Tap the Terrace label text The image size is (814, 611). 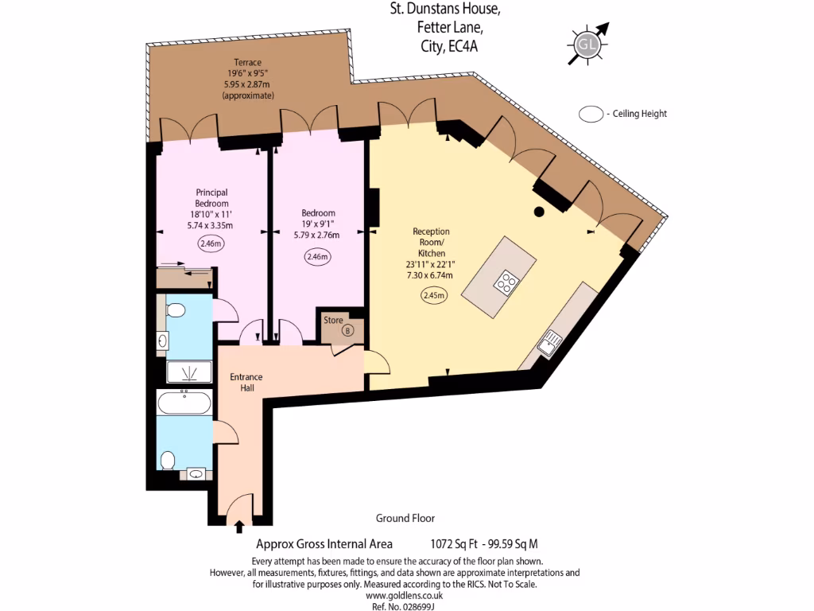[247, 63]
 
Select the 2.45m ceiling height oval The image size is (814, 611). [433, 295]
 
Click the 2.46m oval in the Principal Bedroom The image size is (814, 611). [211, 244]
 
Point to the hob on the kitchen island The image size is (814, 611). [506, 281]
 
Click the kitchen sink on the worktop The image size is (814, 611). [550, 344]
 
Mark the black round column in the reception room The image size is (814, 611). [539, 212]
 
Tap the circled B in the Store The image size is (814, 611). [347, 330]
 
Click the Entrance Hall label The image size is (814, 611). [246, 382]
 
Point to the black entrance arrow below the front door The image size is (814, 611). [240, 525]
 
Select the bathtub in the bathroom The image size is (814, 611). [184, 403]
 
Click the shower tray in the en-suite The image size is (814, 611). [189, 372]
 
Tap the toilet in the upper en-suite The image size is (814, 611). [175, 309]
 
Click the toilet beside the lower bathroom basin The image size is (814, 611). [168, 461]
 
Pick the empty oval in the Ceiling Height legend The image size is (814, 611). [591, 114]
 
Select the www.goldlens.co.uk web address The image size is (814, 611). [404, 595]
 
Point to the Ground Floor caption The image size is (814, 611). [405, 518]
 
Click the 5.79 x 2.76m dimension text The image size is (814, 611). [318, 235]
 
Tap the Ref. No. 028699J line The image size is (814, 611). [404, 606]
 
